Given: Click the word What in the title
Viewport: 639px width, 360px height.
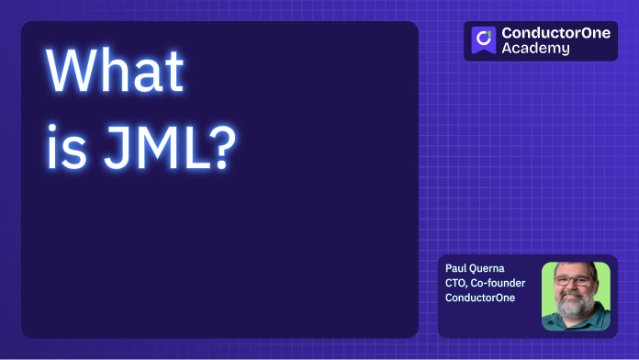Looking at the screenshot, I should (x=116, y=72).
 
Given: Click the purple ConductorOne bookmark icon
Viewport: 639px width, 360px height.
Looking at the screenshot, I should (x=484, y=40).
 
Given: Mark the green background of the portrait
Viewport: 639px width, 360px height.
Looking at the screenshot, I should (x=551, y=276).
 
